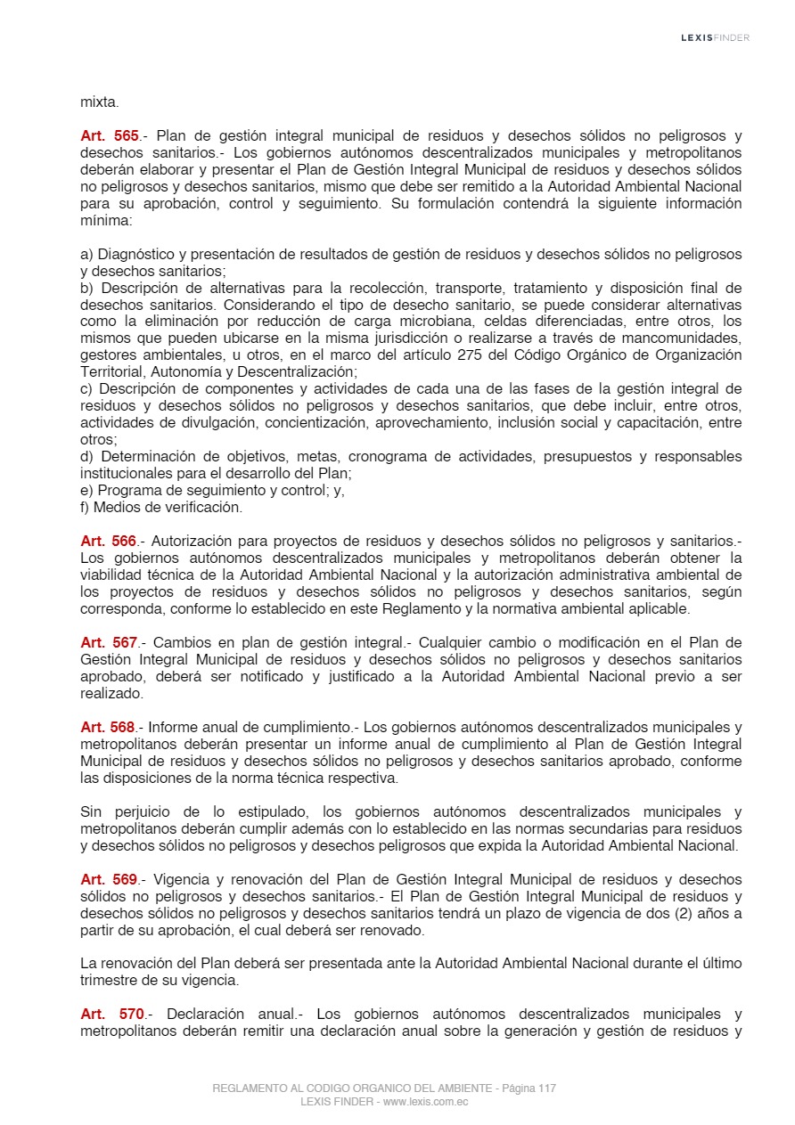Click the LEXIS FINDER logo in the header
pos(715,37)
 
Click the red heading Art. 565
pos(110,136)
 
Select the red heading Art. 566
pos(109,542)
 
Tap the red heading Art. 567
pos(109,643)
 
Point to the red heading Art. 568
pos(109,727)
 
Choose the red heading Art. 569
pos(109,880)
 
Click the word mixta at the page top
pos(99,102)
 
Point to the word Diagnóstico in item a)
pos(135,255)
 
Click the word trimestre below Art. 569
pos(111,981)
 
